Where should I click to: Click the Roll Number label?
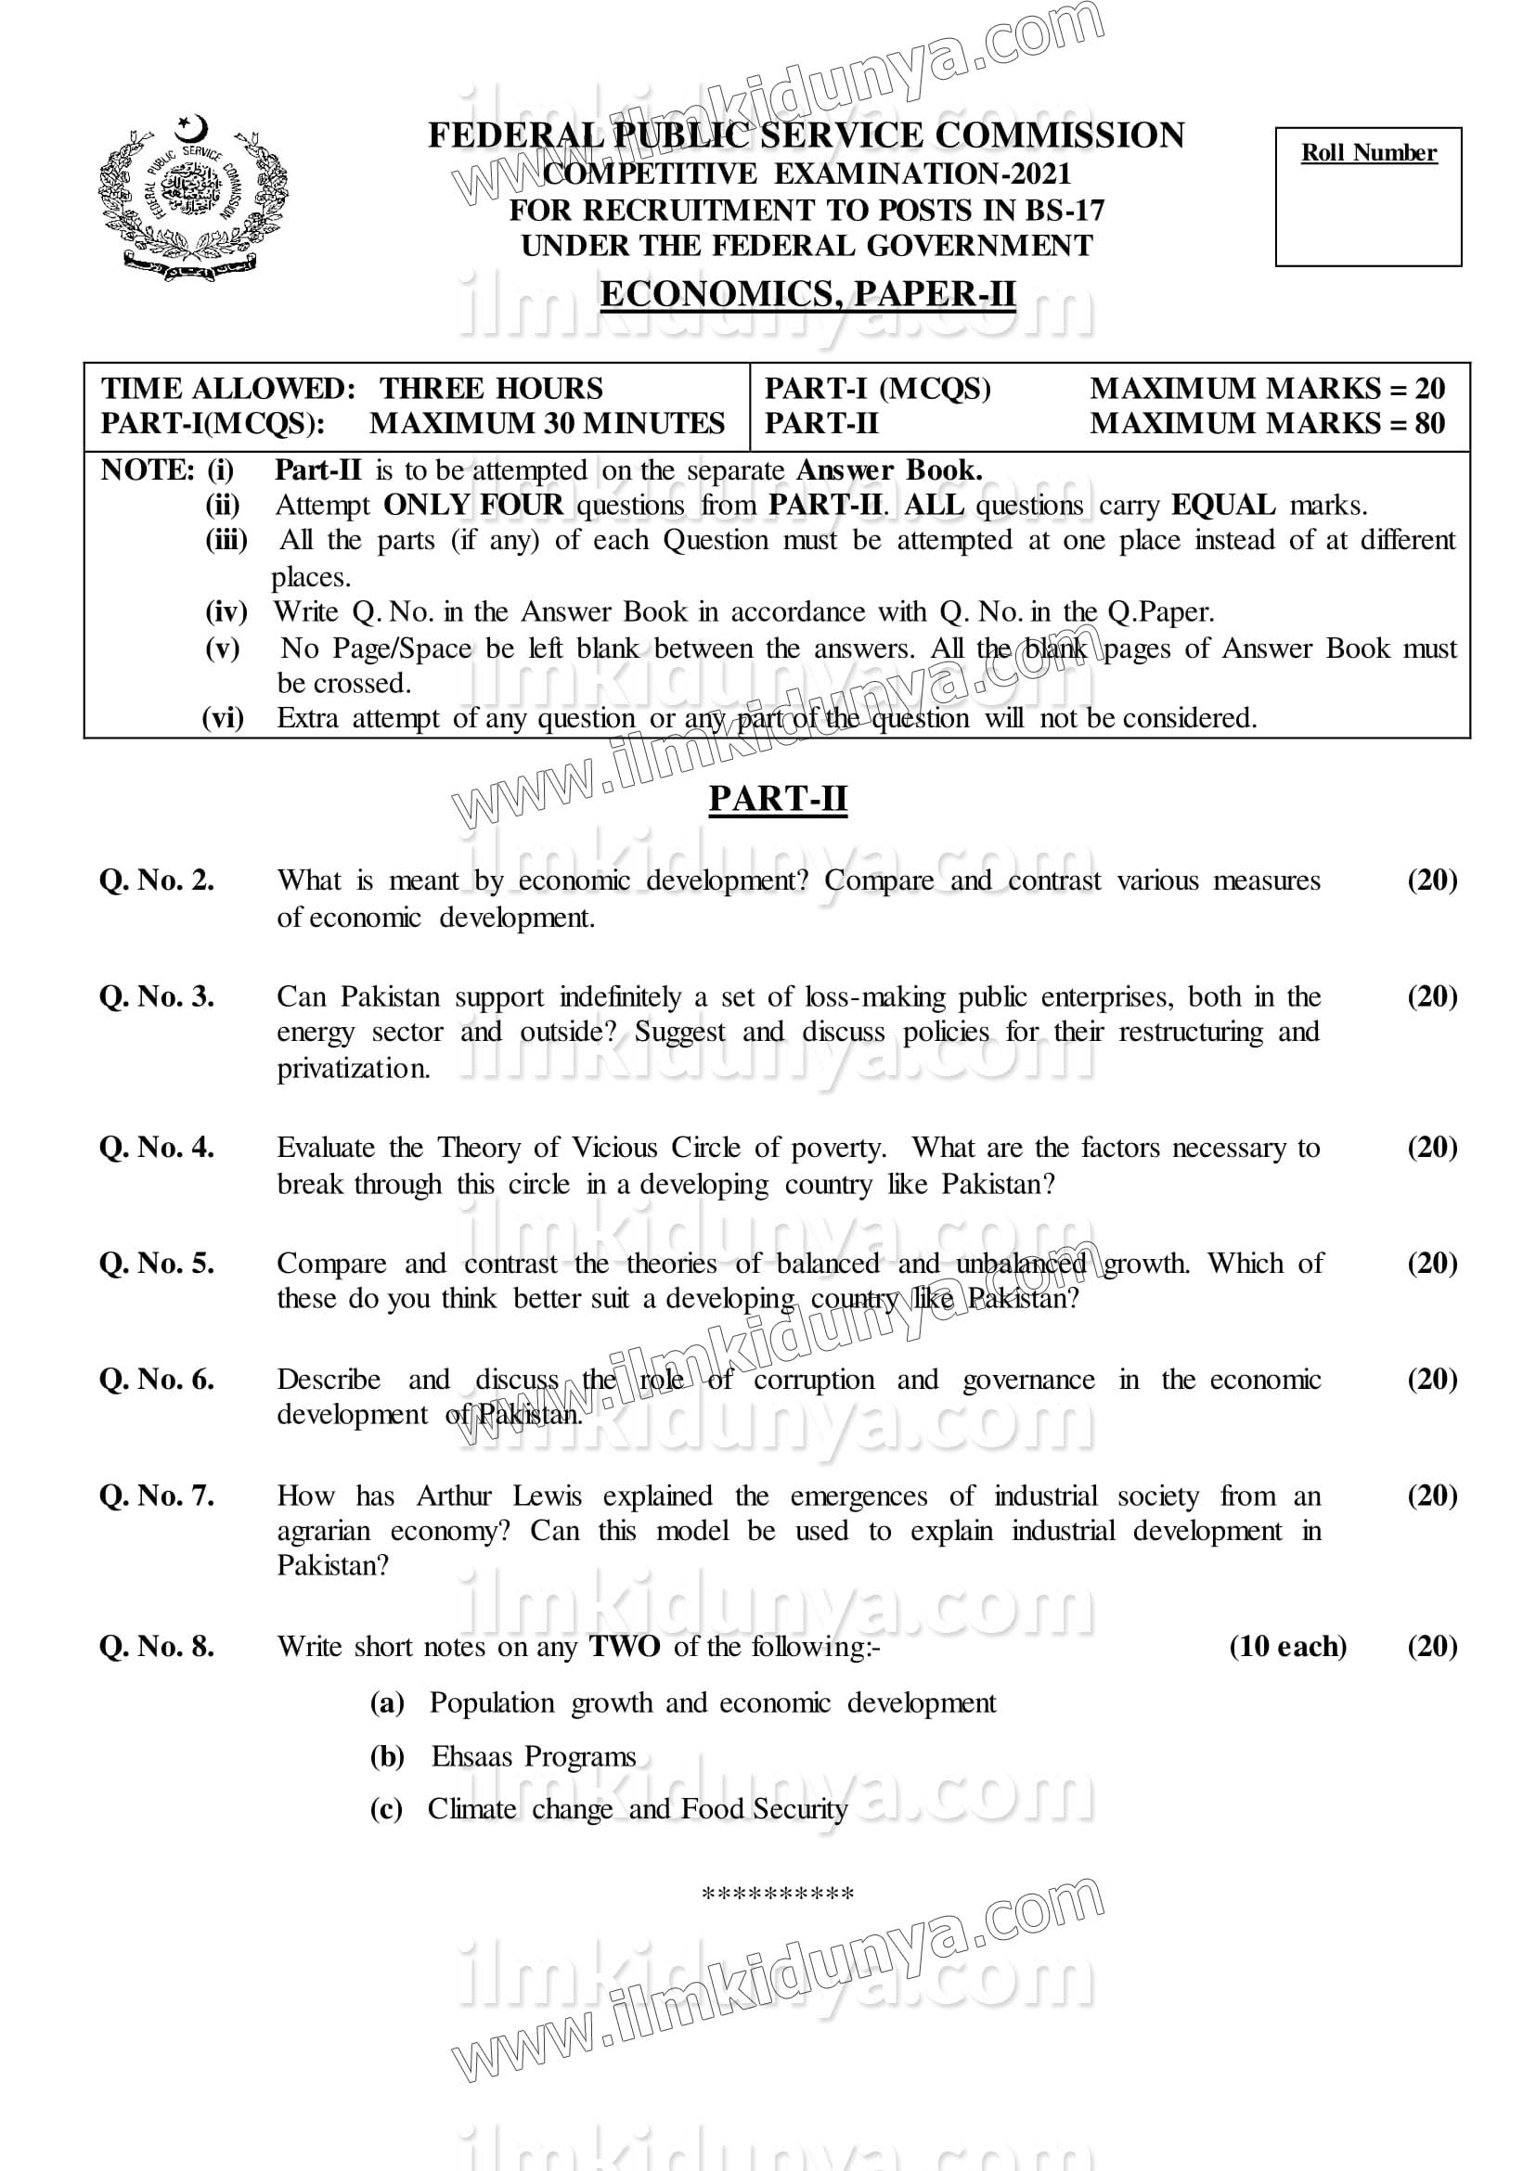tap(1368, 153)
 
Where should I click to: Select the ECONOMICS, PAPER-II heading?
tap(807, 294)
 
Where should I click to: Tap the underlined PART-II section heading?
tap(778, 799)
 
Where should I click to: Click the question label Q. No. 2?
tap(157, 880)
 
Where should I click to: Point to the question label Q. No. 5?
tap(157, 1264)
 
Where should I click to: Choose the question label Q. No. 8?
tap(157, 1646)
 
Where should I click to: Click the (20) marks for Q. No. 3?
tap(1432, 996)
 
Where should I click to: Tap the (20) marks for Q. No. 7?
tap(1432, 1495)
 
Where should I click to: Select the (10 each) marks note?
tap(1287, 1646)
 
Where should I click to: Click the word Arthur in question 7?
tap(454, 1496)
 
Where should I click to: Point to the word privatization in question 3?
tap(353, 1069)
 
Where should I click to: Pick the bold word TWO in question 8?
tap(625, 1646)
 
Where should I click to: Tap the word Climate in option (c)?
tap(471, 1809)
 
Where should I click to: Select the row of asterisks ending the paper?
tap(778, 1894)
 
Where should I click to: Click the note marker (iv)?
tap(226, 611)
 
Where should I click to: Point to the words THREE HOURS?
tap(491, 389)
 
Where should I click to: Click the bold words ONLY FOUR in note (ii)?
tap(473, 505)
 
